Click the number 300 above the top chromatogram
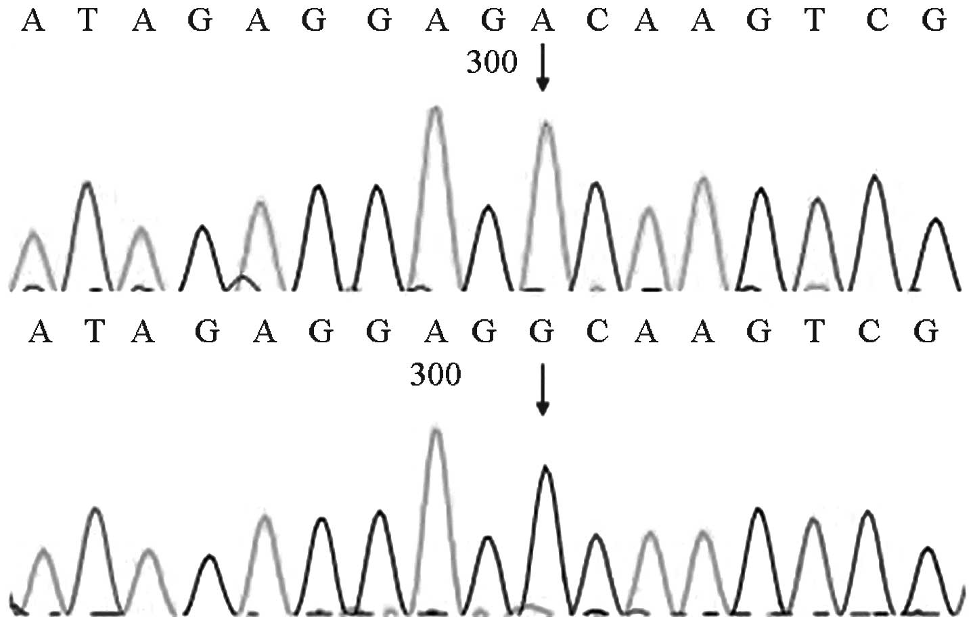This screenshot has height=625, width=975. pos(492,62)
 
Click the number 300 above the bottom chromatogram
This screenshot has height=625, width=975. pos(436,374)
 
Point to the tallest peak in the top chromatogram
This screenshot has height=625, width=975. pos(436,110)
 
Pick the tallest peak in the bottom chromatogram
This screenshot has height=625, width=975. pos(436,430)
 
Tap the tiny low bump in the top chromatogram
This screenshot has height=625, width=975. pos(244,277)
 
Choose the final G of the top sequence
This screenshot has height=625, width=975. pos(934,22)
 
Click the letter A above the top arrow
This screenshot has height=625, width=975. pos(542,22)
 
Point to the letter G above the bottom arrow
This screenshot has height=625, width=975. pos(542,332)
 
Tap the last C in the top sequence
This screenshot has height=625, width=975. pos(877,22)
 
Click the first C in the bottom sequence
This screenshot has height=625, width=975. pos(596,332)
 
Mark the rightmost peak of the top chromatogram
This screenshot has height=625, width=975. pos(936,221)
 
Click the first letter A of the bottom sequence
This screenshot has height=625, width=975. pos(41,332)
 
